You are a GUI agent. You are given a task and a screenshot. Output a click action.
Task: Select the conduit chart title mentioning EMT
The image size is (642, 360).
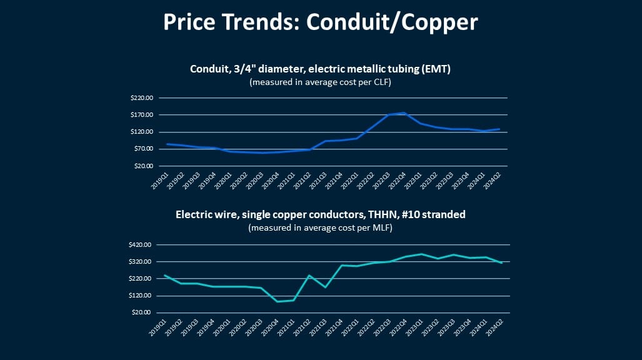(320, 69)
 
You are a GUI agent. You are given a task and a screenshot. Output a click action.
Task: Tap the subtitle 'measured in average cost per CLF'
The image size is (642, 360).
(320, 82)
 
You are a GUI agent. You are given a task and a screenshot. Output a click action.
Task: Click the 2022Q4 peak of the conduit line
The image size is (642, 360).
(405, 113)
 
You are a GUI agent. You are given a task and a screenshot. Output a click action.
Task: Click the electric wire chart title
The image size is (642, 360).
(320, 215)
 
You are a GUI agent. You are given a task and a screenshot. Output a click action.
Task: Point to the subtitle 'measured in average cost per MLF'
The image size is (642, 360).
(320, 227)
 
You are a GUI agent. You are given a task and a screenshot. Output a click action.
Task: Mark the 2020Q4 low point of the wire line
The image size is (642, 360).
(277, 301)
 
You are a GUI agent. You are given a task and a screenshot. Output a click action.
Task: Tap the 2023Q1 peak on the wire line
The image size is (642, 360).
(422, 254)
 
